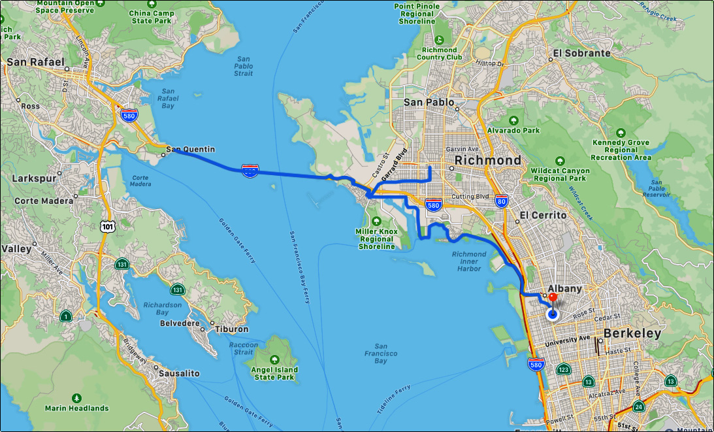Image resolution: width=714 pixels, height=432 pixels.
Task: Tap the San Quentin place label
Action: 190,150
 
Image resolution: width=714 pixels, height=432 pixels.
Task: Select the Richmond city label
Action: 488,160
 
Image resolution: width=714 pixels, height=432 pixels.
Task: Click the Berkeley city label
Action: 632,333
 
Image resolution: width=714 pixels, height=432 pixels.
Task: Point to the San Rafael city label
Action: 35,63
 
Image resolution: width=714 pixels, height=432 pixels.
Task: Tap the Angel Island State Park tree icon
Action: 274,359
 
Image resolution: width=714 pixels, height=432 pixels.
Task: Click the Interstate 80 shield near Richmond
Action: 501,201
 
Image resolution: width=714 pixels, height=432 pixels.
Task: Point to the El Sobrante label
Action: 581,53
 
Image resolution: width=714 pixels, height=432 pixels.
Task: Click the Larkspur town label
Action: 31,177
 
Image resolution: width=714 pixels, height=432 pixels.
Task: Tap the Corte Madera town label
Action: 44,201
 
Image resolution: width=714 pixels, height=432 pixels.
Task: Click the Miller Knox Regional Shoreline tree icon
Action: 376,220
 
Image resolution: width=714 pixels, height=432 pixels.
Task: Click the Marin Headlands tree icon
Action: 77,397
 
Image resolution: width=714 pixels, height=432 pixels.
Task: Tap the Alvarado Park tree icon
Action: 513,120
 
